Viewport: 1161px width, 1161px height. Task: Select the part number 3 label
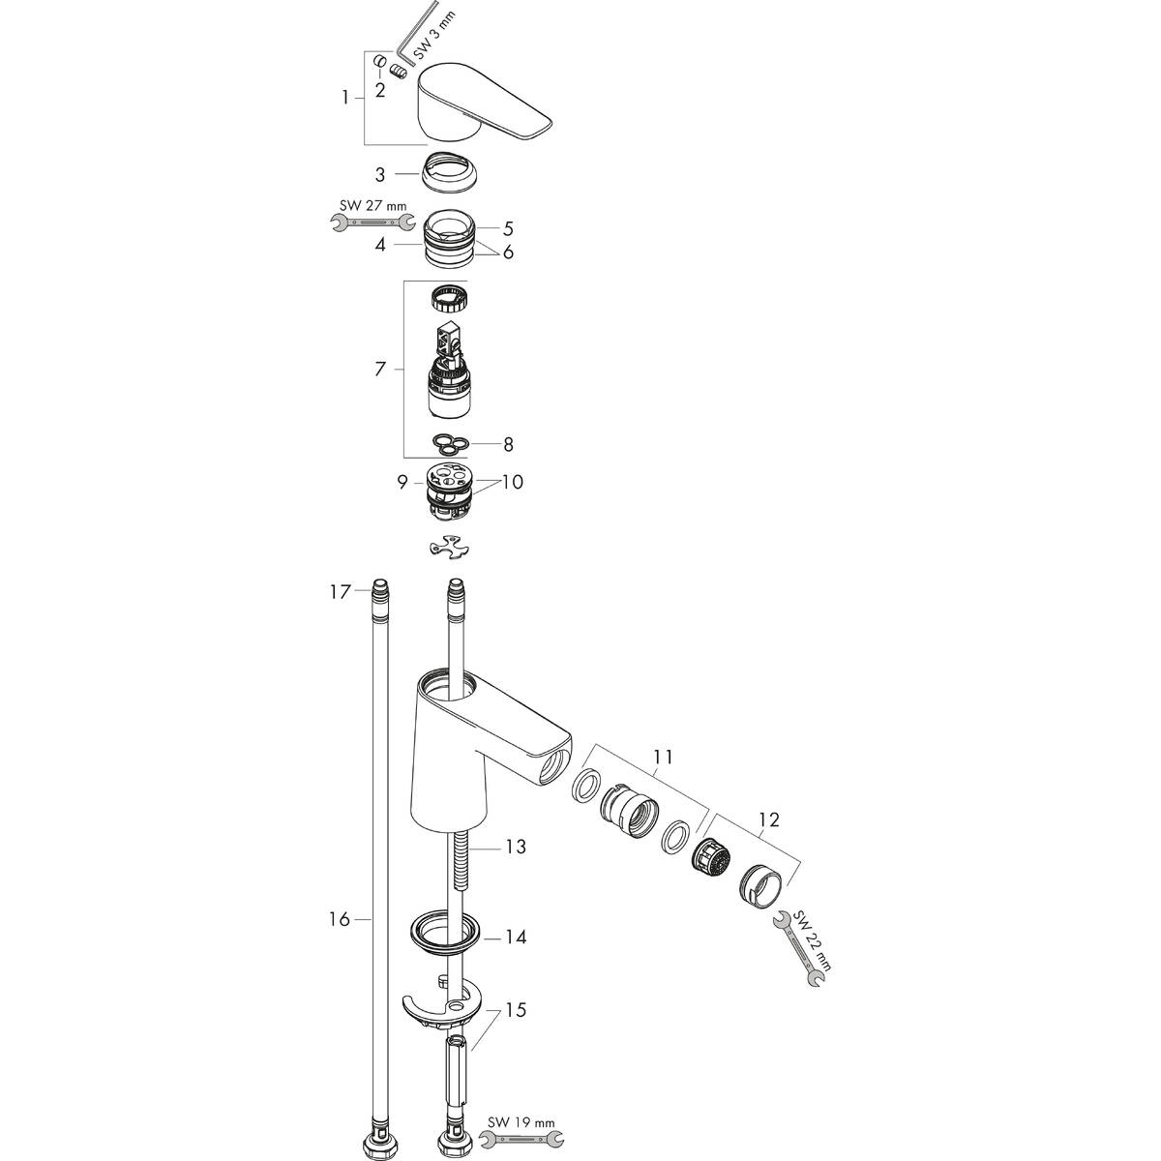coord(380,175)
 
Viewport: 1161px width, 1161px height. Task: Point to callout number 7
coord(380,369)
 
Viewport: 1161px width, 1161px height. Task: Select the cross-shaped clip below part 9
coord(448,549)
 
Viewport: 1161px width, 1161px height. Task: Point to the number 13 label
coord(516,848)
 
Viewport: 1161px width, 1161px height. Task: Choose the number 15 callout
coord(516,1011)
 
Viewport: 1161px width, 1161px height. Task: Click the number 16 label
coord(338,918)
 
